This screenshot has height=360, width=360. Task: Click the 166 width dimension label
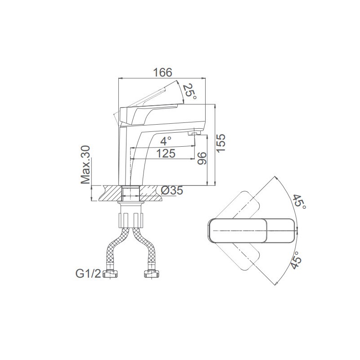pos(162,72)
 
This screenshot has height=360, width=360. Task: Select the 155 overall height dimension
pos(221,143)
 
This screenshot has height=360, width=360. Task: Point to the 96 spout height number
pos(202,158)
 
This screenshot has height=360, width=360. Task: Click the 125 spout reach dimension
pos(166,153)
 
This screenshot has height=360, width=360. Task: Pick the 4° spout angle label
pos(166,141)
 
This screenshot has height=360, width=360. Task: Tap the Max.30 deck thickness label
pos(85,165)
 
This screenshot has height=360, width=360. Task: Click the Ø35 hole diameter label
pos(172,190)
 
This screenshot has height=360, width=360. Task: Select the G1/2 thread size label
pos(88,274)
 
